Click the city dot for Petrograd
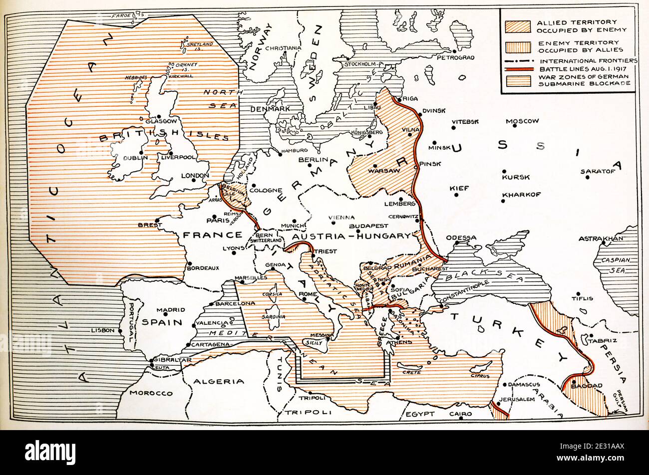pos(454,51)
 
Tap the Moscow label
pos(522,121)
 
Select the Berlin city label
pos(312,160)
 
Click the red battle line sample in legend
pos(518,68)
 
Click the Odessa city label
pos(461,237)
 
